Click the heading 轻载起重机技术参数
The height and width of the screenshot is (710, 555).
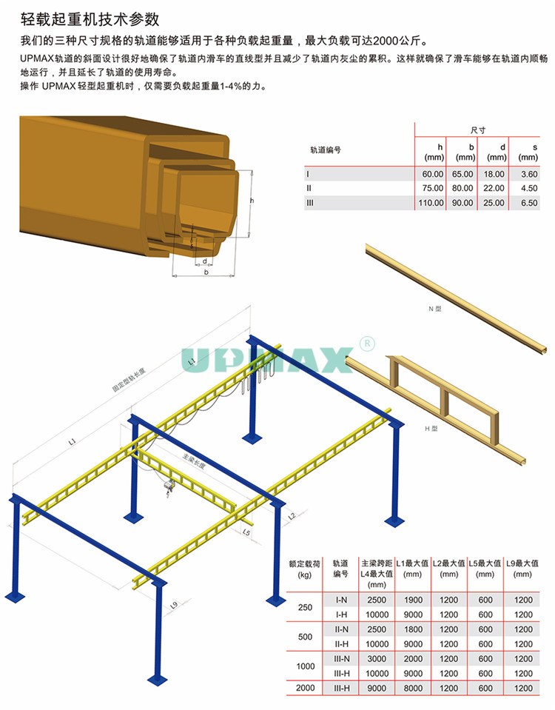[90, 19]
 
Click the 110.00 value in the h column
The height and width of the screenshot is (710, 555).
[431, 203]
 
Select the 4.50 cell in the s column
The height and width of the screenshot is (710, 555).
[529, 188]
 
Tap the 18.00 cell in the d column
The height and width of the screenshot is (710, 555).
[494, 174]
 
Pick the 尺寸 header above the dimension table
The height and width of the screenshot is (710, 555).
[477, 130]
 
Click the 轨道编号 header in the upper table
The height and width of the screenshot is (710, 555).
[326, 150]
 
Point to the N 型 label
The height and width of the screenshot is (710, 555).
[434, 309]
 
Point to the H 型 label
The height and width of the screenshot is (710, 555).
[431, 429]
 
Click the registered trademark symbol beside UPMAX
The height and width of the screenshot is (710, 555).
[367, 344]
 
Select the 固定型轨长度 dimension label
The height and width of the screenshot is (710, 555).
[129, 380]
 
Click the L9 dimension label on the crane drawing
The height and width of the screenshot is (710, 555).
[174, 605]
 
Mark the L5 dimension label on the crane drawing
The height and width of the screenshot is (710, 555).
[246, 532]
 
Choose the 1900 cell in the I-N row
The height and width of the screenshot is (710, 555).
[413, 600]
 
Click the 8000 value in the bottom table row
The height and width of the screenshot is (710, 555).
[413, 689]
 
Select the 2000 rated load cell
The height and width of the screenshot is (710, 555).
[305, 688]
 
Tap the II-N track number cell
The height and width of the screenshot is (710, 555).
[341, 629]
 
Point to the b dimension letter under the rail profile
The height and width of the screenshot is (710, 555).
[206, 272]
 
